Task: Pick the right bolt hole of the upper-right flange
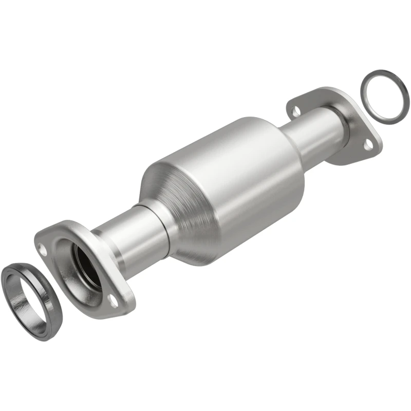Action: point(368,145)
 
